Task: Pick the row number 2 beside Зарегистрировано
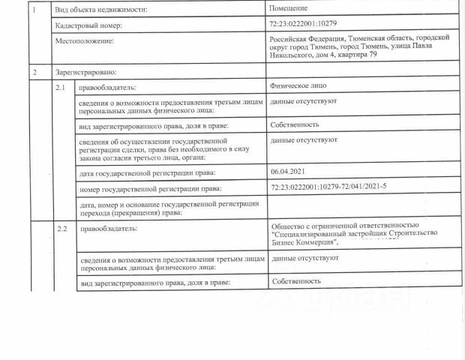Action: point(34,72)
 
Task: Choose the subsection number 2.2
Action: point(62,226)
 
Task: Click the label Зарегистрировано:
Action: point(82,73)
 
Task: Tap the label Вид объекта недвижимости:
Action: point(100,9)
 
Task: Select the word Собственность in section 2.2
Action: point(297,281)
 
